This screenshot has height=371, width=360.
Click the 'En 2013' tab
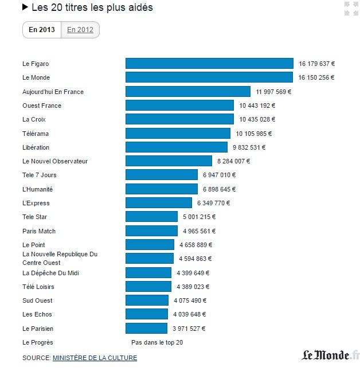click(42, 30)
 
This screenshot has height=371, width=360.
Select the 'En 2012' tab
click(80, 30)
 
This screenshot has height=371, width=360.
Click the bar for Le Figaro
click(209, 64)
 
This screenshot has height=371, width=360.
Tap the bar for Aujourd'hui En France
click(188, 92)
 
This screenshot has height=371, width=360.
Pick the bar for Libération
click(178, 147)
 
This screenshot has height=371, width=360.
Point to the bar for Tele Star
click(151, 217)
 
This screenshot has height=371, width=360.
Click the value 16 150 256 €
click(316, 77)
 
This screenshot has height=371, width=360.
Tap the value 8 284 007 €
click(233, 161)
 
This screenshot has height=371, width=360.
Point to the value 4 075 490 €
click(190, 300)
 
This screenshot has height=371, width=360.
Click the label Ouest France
click(42, 106)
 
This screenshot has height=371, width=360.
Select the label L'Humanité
click(38, 189)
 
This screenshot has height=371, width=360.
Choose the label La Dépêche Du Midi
click(50, 273)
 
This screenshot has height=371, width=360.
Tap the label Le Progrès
click(38, 342)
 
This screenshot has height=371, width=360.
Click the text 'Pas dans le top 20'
click(157, 342)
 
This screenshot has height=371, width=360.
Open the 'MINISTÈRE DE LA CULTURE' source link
click(95, 358)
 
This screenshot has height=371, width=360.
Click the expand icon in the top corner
click(347, 9)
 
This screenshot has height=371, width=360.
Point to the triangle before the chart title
click(25, 8)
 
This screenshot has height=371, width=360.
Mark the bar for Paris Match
click(151, 231)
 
